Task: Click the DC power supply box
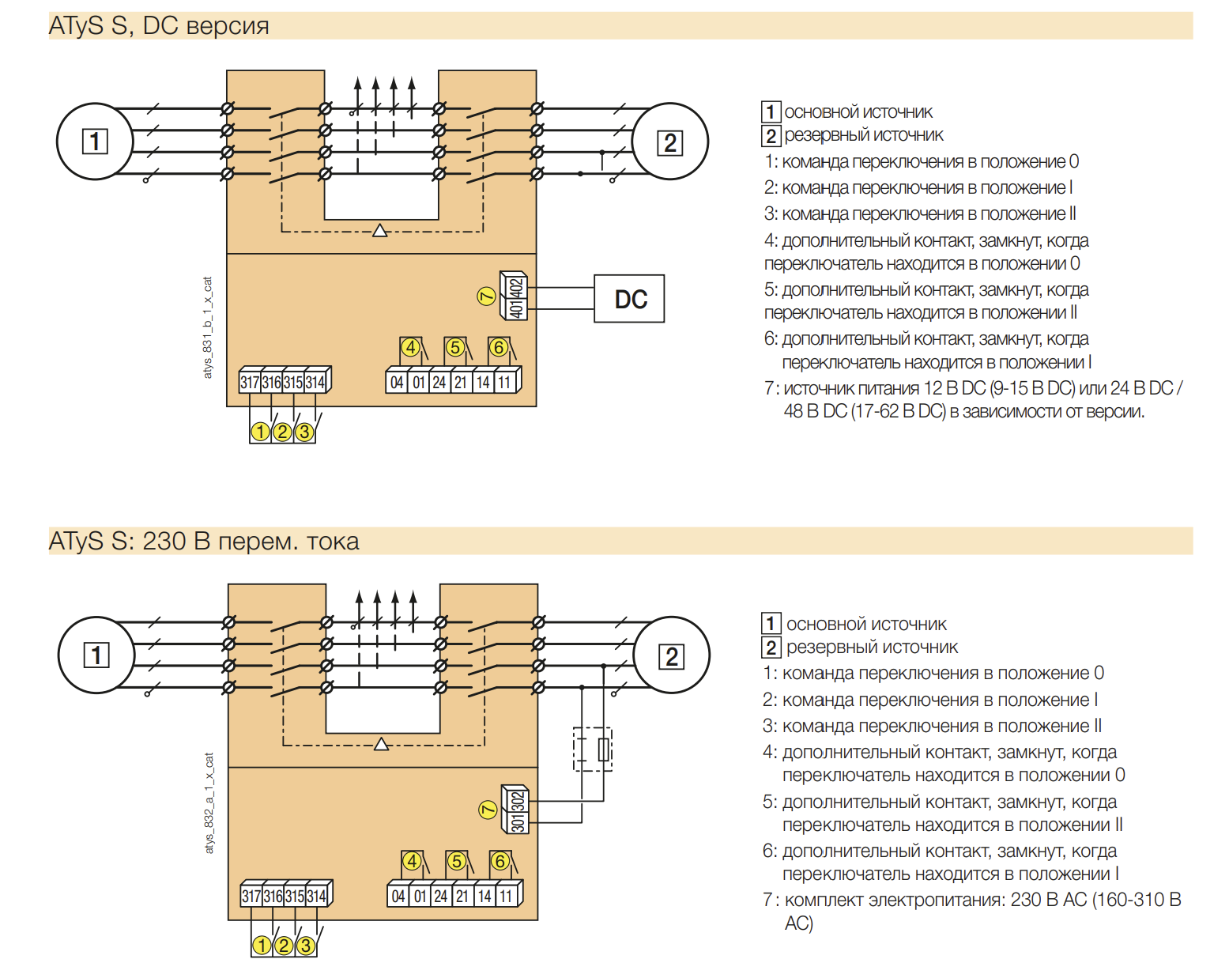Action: coord(629,299)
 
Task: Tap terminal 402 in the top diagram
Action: coord(516,287)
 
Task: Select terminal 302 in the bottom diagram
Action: coord(518,801)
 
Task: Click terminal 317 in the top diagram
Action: coord(250,382)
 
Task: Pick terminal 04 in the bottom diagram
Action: coord(398,896)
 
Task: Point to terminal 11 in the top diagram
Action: coord(504,382)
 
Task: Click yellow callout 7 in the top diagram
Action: coord(486,296)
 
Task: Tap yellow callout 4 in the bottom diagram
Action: coord(413,861)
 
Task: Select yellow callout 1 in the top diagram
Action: coord(260,432)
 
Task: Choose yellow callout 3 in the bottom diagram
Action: coord(306,946)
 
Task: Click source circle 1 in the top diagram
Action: coord(95,141)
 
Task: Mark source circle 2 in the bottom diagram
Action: coord(672,655)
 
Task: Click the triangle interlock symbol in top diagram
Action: coord(380,231)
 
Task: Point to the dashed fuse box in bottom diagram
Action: coord(593,750)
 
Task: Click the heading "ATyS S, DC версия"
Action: coord(159,26)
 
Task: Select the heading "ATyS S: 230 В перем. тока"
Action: coord(204,541)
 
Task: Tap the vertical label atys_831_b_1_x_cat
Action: coord(207,327)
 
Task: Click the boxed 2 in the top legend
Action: coord(771,135)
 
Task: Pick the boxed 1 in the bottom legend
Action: coord(771,623)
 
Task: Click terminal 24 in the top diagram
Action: coord(439,382)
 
